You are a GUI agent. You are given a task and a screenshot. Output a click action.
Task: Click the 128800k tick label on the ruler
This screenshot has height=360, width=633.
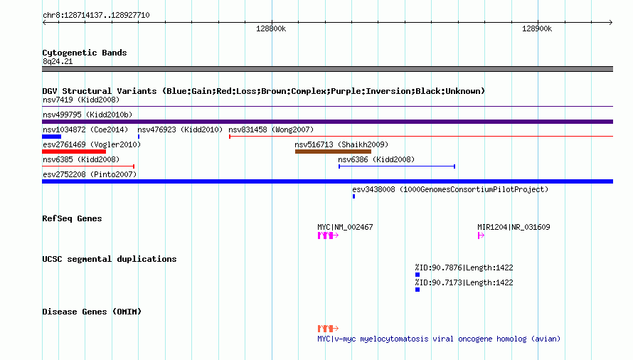point(271,28)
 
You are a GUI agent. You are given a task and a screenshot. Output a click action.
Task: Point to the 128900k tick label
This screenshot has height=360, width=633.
point(537,28)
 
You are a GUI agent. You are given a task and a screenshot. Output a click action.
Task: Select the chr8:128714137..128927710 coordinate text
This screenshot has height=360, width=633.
point(96,16)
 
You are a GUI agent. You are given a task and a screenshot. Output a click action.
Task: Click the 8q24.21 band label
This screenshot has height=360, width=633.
point(58,61)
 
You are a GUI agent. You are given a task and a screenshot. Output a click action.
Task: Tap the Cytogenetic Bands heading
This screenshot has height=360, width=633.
point(85,53)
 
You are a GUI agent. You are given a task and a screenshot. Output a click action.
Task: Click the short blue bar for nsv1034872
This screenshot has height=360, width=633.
point(52,137)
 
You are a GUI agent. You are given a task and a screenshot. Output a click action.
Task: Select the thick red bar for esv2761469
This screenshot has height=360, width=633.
point(74,152)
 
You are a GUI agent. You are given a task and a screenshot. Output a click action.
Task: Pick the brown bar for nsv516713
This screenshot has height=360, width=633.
point(333,152)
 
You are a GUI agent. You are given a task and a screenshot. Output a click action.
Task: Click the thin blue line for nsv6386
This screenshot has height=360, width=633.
point(397,166)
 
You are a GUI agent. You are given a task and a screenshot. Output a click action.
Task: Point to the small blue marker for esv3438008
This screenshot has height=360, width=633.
point(353,196)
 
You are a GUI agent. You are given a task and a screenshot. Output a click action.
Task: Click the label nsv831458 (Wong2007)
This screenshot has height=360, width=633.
point(271,129)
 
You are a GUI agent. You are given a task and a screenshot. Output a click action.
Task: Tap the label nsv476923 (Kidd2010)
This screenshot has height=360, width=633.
point(180,129)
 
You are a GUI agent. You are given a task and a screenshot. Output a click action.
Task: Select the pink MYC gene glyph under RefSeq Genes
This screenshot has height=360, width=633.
point(328,235)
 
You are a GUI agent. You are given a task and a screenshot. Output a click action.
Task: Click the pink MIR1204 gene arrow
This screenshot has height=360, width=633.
point(481,235)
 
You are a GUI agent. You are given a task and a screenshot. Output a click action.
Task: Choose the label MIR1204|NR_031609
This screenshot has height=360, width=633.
point(514,227)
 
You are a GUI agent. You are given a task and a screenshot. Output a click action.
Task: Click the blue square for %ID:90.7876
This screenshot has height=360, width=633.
point(417,275)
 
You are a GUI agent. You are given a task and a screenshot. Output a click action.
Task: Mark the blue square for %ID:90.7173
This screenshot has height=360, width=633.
point(417,290)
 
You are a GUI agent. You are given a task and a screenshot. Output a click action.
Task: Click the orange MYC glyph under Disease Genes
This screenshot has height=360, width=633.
point(328,329)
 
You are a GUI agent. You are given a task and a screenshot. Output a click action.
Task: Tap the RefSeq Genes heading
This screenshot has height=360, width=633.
point(72,218)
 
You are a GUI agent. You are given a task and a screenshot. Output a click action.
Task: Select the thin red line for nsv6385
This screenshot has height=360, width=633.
point(88,166)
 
